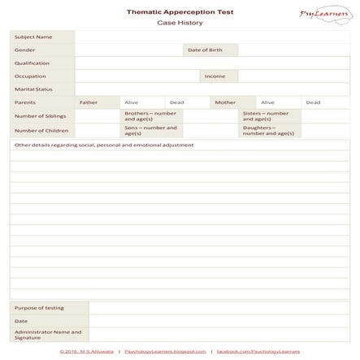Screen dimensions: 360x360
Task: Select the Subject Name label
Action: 33,37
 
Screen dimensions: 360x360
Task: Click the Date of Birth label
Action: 205,50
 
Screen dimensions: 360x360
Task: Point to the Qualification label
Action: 33,63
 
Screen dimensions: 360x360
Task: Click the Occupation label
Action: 30,76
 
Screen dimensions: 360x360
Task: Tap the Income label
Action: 215,76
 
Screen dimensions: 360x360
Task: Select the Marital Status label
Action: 33,89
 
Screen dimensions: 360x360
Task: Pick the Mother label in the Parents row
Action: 225,102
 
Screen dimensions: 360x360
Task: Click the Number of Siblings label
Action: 40,116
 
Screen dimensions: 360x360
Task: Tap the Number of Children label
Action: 41,130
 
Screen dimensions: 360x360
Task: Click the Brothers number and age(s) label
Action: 150,116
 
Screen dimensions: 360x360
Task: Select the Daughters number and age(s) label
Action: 267,130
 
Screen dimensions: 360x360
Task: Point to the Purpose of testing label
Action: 38,308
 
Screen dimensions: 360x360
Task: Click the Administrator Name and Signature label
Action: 47,334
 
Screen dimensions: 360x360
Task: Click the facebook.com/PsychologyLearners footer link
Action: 258,351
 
